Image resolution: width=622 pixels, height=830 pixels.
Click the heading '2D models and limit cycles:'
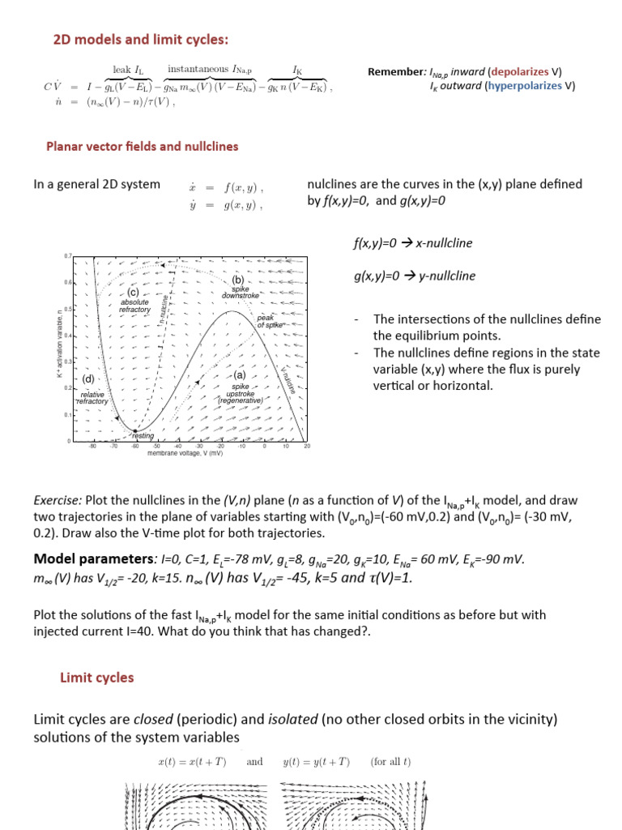pyautogui.click(x=140, y=40)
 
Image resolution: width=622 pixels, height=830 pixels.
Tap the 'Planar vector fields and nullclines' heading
pyautogui.click(x=143, y=147)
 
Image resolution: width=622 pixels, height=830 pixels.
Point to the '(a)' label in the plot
pyautogui.click(x=239, y=376)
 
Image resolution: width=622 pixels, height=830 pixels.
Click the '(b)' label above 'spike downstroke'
pyautogui.click(x=238, y=280)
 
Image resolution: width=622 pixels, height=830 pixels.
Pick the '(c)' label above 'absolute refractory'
pyautogui.click(x=133, y=292)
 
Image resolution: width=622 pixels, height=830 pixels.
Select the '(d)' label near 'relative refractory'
pyautogui.click(x=89, y=379)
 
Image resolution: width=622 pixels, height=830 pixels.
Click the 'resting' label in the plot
pyautogui.click(x=143, y=435)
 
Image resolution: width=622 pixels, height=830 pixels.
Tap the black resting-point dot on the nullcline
pyautogui.click(x=134, y=430)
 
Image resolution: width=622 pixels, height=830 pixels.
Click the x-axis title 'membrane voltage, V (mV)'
pyautogui.click(x=185, y=454)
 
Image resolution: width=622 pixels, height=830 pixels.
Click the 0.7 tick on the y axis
pyautogui.click(x=67, y=256)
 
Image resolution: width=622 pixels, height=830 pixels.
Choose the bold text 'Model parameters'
pyautogui.click(x=93, y=559)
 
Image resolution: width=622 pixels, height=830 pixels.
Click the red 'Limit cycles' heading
pyautogui.click(x=96, y=678)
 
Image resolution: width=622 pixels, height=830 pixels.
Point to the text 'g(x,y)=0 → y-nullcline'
pyautogui.click(x=415, y=276)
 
